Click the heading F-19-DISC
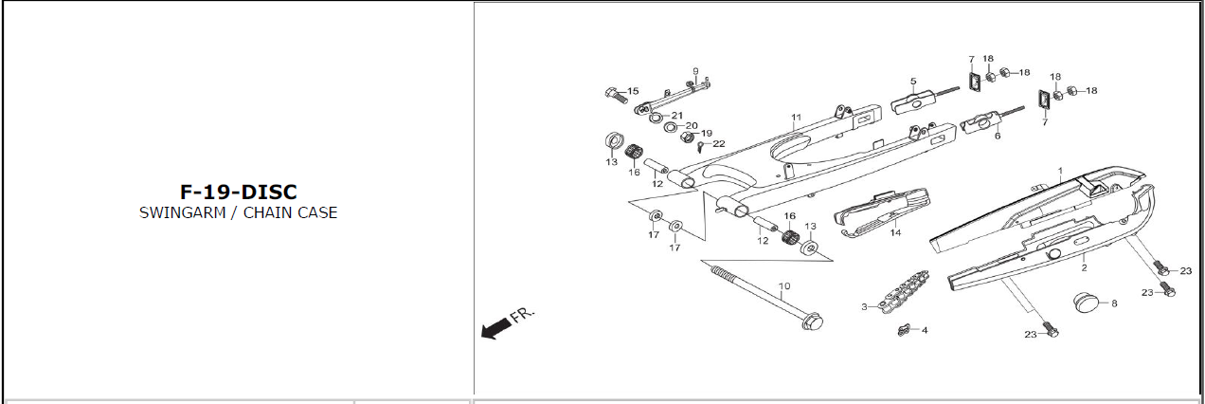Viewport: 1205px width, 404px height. coord(239,192)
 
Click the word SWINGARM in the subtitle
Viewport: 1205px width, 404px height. coord(183,212)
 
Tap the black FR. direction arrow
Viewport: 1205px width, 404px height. coord(496,328)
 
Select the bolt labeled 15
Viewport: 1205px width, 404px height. coord(617,95)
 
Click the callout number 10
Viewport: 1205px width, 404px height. coord(784,286)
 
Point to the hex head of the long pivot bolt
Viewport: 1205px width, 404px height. coord(812,321)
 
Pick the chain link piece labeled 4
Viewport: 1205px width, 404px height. coord(906,330)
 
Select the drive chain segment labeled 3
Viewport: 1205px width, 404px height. coord(905,292)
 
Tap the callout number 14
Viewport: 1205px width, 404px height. coord(895,232)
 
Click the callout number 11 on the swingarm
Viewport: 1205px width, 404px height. coord(796,118)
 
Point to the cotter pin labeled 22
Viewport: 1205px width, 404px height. coord(700,145)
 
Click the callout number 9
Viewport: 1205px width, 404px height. coord(695,71)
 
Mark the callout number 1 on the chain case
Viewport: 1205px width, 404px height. coord(1060,172)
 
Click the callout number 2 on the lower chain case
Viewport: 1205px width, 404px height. coord(1084,267)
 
